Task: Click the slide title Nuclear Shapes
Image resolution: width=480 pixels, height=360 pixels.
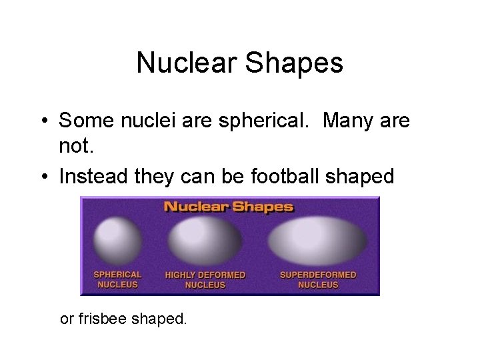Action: pyautogui.click(x=239, y=63)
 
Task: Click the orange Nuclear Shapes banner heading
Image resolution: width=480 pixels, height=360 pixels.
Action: pyautogui.click(x=229, y=206)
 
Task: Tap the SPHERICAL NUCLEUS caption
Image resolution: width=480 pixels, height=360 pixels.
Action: pyautogui.click(x=117, y=279)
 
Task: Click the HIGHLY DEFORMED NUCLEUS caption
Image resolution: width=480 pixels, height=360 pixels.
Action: pyautogui.click(x=205, y=280)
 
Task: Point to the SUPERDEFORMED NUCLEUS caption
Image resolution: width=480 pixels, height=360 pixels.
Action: pyautogui.click(x=318, y=280)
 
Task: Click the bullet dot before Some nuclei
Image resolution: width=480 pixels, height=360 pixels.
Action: pyautogui.click(x=42, y=121)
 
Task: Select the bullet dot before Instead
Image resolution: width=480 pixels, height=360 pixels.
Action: pyautogui.click(x=42, y=177)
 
